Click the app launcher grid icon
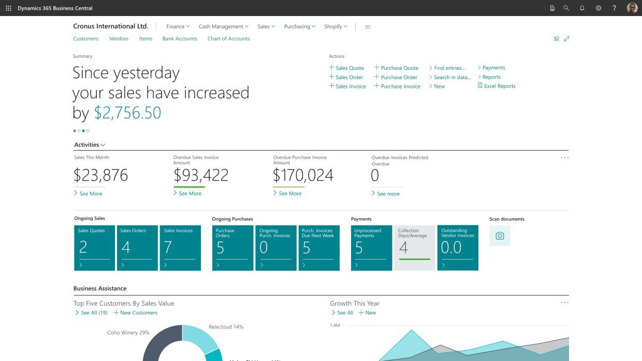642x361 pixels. (8, 8)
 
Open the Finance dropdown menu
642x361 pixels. (178, 26)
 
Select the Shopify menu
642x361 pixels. (335, 26)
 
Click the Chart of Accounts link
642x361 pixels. (228, 39)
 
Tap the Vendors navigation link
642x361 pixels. (119, 39)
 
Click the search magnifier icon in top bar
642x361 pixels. (566, 8)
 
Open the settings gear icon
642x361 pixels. (599, 8)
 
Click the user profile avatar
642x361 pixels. (632, 8)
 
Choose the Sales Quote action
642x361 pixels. (349, 68)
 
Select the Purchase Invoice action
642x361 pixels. (400, 86)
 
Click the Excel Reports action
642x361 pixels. (499, 86)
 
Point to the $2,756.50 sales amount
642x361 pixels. (127, 113)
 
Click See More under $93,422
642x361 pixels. (190, 193)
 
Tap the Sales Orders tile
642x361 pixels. (137, 248)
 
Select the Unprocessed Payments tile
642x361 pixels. (371, 248)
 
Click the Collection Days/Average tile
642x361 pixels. (415, 248)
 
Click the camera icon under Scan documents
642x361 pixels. (500, 236)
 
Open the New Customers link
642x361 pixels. (138, 313)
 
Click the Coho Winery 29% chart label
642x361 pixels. (128, 333)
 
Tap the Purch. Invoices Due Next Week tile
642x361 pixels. (319, 248)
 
